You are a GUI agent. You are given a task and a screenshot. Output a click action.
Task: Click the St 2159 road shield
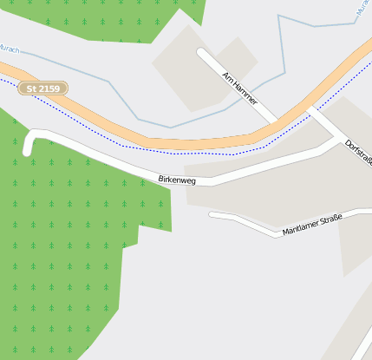coord(43,88)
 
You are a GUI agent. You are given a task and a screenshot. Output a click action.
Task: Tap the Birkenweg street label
coord(177,180)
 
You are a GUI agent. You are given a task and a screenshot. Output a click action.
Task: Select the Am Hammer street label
coord(239,88)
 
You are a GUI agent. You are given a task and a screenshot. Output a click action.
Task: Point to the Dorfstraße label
coord(357,154)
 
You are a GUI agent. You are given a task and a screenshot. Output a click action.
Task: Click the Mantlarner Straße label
coord(312,225)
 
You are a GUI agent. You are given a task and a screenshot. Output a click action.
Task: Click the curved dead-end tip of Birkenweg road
coord(29,149)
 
